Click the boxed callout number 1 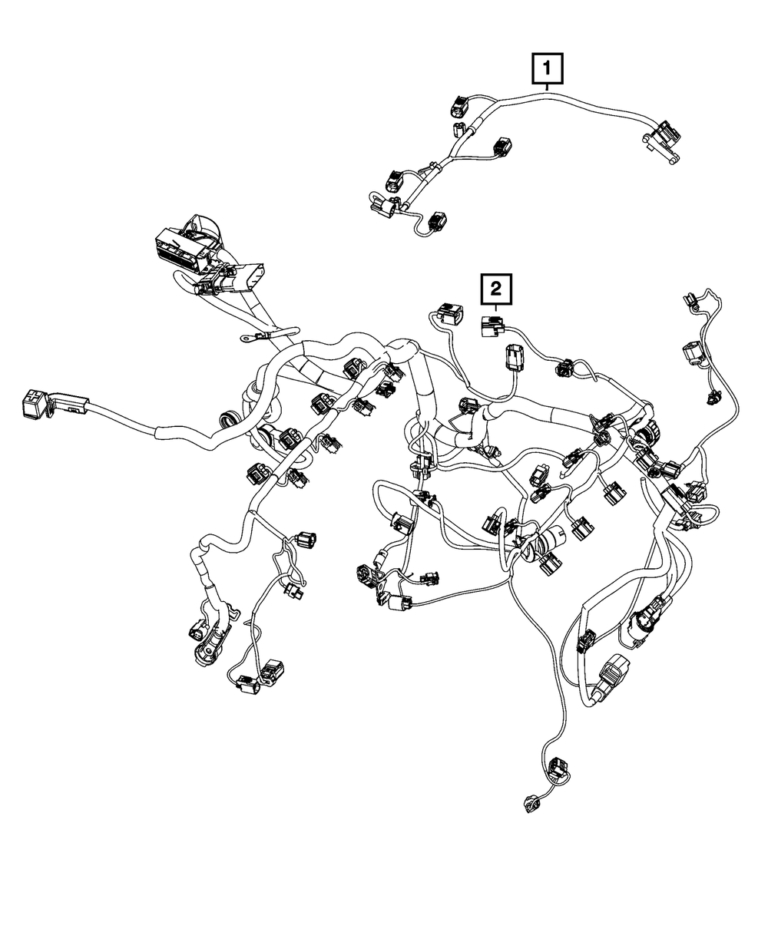(x=547, y=68)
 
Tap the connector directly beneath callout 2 (x=490, y=327)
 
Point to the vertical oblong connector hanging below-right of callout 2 (x=514, y=359)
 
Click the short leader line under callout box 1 (x=547, y=87)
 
